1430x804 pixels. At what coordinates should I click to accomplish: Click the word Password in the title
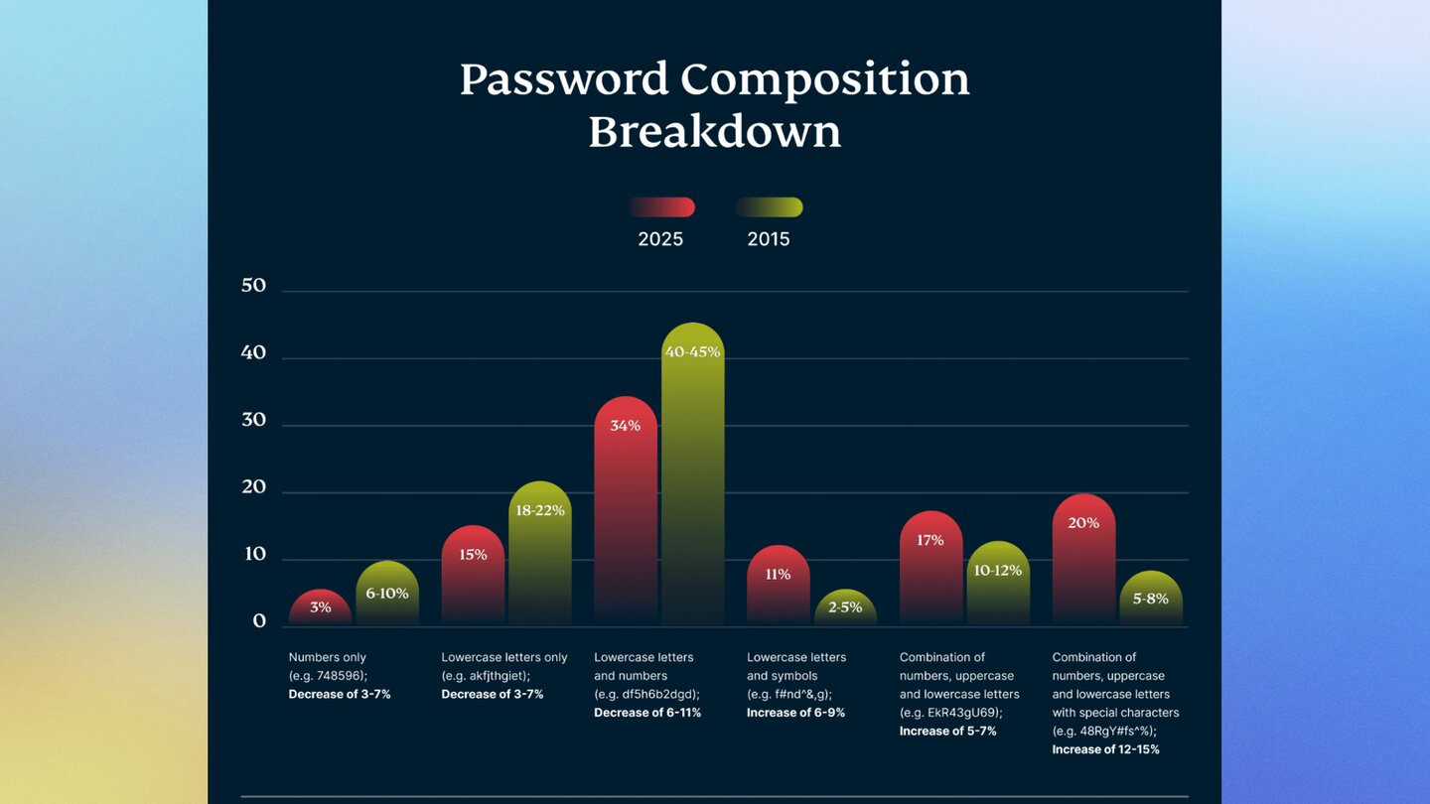[x=564, y=80]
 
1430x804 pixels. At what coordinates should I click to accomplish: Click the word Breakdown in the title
[x=714, y=132]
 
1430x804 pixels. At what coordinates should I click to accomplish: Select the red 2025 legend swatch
[x=661, y=207]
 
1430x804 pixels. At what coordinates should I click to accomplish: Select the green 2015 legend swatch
[x=769, y=207]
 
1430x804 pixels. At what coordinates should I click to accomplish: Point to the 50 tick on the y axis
[x=254, y=286]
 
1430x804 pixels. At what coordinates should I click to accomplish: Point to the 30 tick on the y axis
[x=254, y=420]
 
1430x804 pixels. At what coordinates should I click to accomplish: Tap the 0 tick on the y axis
[x=259, y=621]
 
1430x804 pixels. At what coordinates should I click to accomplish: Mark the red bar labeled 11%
[x=779, y=586]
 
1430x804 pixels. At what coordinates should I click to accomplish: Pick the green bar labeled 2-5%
[x=845, y=607]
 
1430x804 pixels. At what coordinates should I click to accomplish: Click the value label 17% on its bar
[x=930, y=541]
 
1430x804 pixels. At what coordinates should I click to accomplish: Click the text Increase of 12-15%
[x=1105, y=749]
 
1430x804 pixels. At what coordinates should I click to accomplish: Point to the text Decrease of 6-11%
[x=647, y=713]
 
